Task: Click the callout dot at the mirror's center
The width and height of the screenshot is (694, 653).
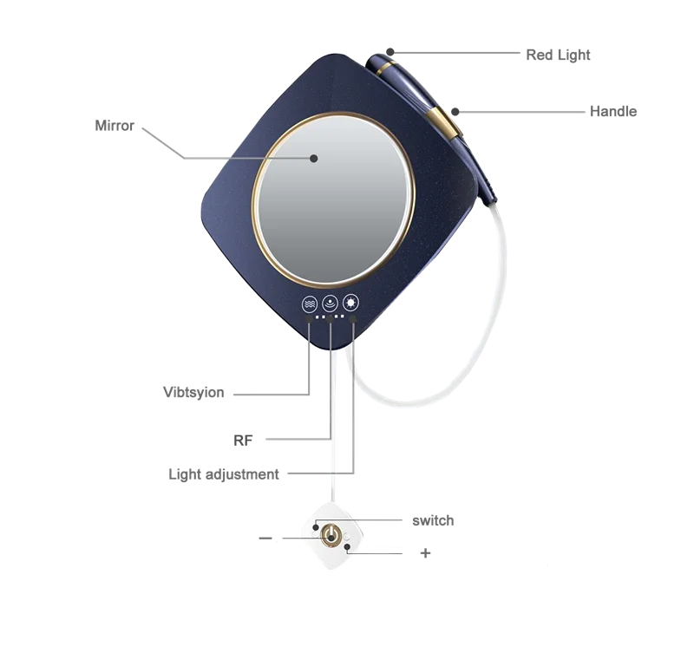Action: [x=314, y=158]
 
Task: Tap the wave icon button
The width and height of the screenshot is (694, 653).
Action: [x=309, y=304]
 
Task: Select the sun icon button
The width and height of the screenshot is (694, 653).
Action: [x=351, y=304]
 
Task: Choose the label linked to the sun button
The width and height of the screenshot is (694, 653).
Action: [x=226, y=475]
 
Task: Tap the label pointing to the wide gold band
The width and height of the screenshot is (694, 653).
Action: [x=612, y=111]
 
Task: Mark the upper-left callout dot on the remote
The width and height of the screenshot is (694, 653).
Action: [x=316, y=525]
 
